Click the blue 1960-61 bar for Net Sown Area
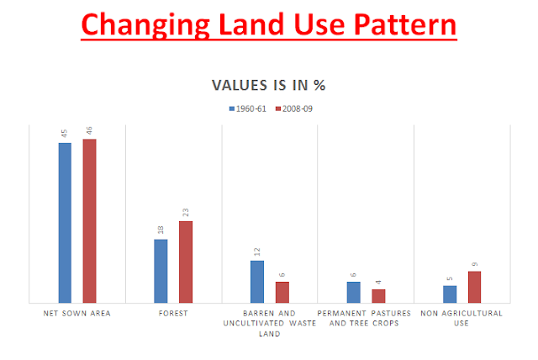(65, 222)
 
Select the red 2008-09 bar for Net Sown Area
(89, 220)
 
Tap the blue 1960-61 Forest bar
(161, 271)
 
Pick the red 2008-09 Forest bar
(186, 262)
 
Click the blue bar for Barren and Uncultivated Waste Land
(257, 281)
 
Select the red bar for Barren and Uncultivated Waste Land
(282, 292)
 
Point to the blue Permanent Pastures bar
(353, 292)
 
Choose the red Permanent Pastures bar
(378, 295)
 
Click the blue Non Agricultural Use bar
(450, 294)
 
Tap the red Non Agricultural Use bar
(474, 286)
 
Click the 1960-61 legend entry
(245, 109)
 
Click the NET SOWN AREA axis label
(77, 313)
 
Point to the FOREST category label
(173, 313)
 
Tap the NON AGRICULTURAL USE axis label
(462, 318)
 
